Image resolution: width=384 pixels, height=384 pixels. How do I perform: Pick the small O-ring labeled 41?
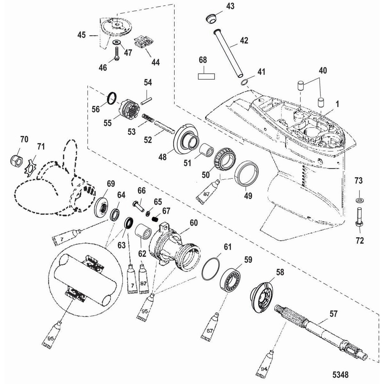pos(244,83)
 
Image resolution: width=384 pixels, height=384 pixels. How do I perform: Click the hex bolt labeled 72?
pos(359,218)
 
